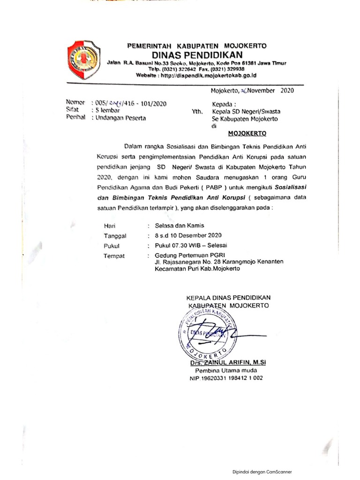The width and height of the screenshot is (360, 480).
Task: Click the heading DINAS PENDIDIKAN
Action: (x=197, y=54)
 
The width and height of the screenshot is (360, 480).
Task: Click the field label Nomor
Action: (x=75, y=102)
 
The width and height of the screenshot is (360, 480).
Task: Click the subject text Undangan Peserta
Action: (x=121, y=118)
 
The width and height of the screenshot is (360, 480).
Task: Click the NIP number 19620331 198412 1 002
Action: (x=226, y=378)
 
